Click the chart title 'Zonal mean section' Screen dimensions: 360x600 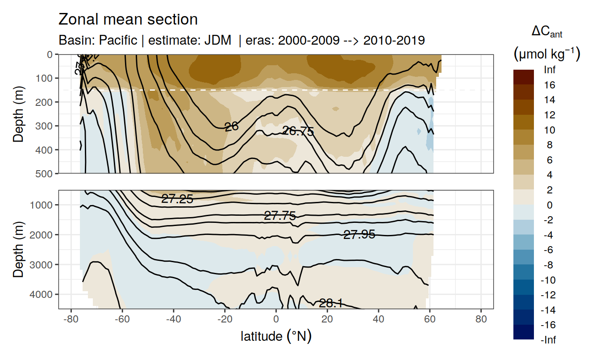click(128, 20)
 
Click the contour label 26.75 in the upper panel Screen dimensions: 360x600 click(298, 131)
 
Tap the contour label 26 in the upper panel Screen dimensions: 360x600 click(231, 127)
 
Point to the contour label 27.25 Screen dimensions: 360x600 click(177, 200)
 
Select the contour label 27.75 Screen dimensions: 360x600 click(280, 216)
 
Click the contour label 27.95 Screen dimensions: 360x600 click(359, 234)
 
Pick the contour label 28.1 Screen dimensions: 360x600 click(331, 304)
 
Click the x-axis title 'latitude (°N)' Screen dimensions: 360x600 click(276, 336)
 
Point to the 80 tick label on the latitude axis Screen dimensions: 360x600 click(481, 320)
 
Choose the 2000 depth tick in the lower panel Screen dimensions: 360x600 click(43, 234)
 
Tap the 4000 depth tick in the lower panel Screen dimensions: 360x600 click(43, 294)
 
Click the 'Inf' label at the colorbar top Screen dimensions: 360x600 click(550, 70)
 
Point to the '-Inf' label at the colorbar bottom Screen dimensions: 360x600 click(548, 340)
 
